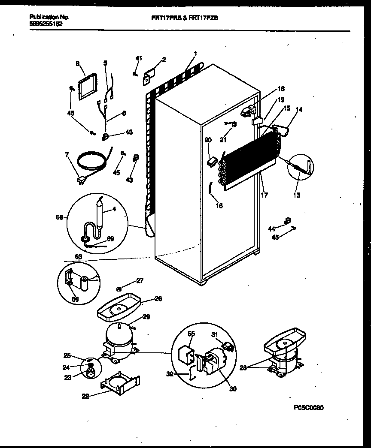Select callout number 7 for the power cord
67,154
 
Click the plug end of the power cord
80,181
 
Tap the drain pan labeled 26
119,308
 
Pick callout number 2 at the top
164,60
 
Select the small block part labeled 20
210,162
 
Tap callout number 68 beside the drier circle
59,218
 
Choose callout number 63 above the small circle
78,257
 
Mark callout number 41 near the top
138,58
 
